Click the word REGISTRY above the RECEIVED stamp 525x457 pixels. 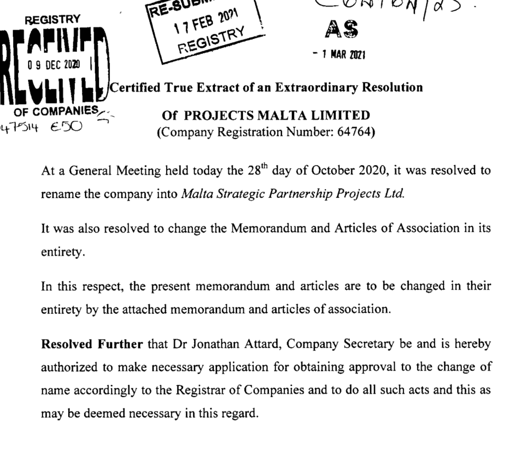pyautogui.click(x=55, y=19)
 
